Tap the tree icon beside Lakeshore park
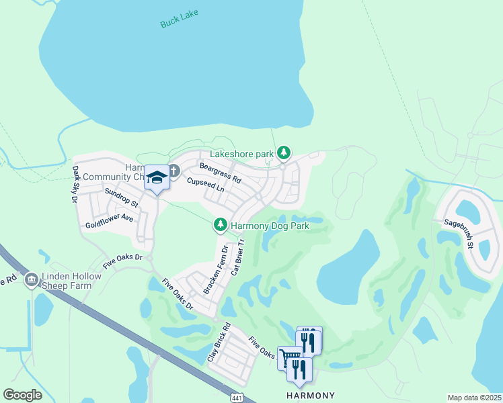point(284,153)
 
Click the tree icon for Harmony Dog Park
point(220,226)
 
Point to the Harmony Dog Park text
point(270,226)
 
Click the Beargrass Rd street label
point(220,173)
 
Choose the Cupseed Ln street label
point(205,185)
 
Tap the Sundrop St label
point(122,197)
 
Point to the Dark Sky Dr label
point(75,183)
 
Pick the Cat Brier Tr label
point(237,257)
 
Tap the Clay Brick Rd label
point(219,343)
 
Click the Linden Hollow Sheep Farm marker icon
point(30,279)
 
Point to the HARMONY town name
point(310,394)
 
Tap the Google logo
point(22,395)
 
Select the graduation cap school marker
point(157,177)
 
